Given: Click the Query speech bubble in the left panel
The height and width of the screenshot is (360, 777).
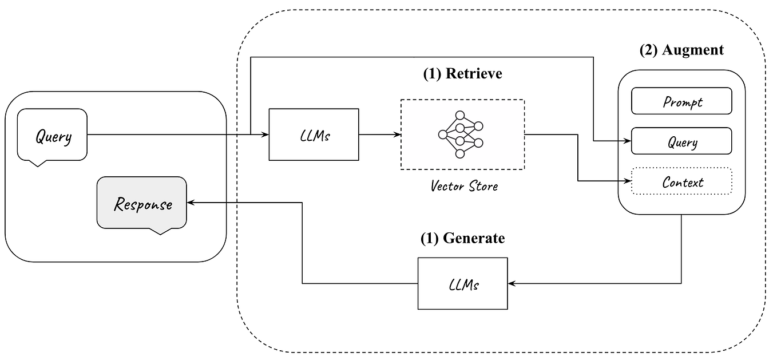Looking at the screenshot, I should point(52,136).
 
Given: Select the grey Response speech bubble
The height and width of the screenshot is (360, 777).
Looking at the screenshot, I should point(142,203).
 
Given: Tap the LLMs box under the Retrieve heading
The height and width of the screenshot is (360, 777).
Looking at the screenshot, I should point(314,134).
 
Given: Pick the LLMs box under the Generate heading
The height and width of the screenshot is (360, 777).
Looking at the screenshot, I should point(462,283).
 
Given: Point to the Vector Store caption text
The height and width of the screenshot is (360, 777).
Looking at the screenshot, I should point(464,186).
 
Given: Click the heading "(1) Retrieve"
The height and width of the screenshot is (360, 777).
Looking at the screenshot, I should point(462,73).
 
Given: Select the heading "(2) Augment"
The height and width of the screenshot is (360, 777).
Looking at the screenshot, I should point(681,50).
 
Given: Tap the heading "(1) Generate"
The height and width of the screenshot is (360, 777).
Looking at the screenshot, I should point(462,238).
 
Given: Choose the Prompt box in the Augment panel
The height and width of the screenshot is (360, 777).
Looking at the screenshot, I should point(681,101).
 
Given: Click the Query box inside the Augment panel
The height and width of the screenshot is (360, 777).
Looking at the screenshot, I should point(681,141).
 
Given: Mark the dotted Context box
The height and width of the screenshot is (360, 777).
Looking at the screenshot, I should point(681,181).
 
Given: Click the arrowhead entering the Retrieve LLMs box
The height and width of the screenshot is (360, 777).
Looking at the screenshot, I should point(265,134).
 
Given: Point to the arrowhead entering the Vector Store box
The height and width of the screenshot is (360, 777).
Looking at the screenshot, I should point(397,134).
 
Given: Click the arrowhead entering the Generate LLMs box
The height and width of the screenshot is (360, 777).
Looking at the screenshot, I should point(512,283).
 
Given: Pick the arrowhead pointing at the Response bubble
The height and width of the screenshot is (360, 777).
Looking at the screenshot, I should point(191,203).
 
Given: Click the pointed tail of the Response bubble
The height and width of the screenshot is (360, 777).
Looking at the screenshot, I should point(160,232).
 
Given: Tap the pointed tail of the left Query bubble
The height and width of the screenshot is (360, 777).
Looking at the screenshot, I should point(38,164).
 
